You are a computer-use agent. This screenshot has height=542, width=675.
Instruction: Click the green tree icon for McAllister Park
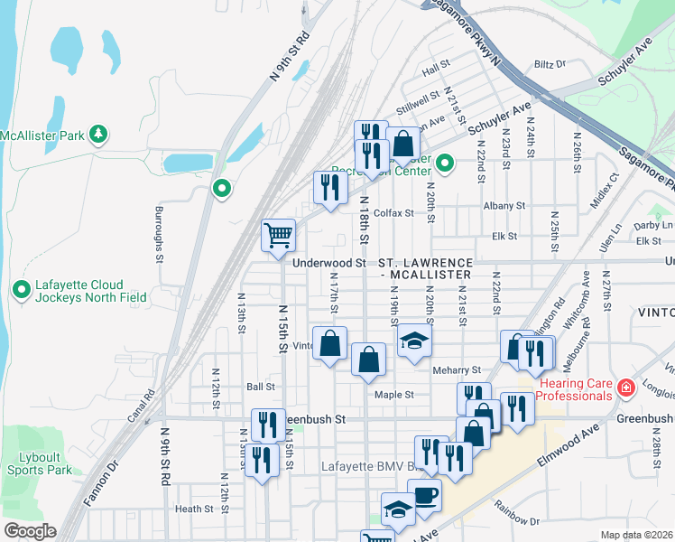pos(98,135)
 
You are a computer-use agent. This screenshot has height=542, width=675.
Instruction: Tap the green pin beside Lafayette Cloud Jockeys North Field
pos(22,289)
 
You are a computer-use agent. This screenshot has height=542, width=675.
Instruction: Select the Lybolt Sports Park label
pos(39,463)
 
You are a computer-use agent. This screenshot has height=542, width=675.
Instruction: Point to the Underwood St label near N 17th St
pos(329,263)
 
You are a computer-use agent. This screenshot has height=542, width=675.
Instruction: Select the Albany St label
pos(504,206)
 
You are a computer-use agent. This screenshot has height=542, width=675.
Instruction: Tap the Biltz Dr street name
pos(549,64)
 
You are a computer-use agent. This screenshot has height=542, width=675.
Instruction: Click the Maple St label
pos(394,395)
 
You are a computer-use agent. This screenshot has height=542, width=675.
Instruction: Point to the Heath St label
pos(194,509)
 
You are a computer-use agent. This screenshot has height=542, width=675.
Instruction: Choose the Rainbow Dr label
pos(521,520)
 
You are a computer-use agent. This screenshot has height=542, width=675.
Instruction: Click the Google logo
pos(29,531)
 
